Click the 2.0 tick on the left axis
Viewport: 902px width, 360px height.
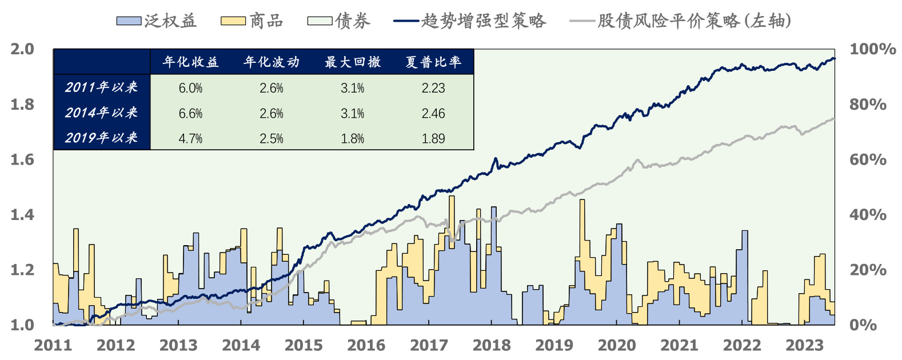pyautogui.click(x=22, y=49)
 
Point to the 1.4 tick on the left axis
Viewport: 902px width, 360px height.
pyautogui.click(x=22, y=215)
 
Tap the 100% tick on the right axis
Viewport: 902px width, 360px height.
pyautogui.click(x=872, y=49)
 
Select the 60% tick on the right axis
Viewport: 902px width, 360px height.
pyautogui.click(x=868, y=159)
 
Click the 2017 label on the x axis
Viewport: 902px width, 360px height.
pyautogui.click(x=429, y=345)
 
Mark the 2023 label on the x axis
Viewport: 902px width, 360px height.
pyautogui.click(x=804, y=345)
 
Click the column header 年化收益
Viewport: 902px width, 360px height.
pyautogui.click(x=191, y=62)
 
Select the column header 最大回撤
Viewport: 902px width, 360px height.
pyautogui.click(x=353, y=62)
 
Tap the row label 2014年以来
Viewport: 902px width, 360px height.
pyautogui.click(x=101, y=113)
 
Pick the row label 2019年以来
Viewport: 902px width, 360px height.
pyautogui.click(x=101, y=138)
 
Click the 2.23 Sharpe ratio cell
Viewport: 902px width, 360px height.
pyautogui.click(x=433, y=88)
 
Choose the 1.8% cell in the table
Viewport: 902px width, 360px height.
pyautogui.click(x=353, y=138)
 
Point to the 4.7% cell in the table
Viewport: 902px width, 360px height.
pyautogui.click(x=191, y=138)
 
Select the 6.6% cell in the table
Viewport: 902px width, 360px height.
pyautogui.click(x=191, y=113)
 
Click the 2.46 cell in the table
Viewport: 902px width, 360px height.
pyautogui.click(x=433, y=113)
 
